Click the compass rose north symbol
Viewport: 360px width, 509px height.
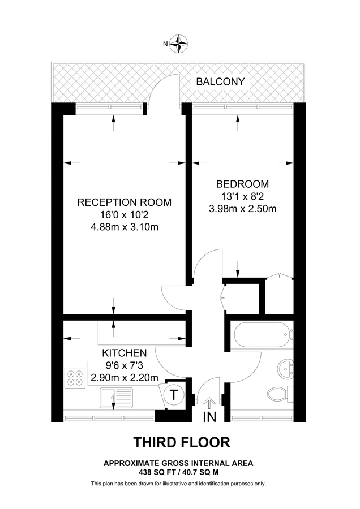click(x=180, y=43)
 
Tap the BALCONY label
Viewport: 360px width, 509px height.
click(x=220, y=81)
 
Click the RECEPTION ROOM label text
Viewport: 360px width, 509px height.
click(x=124, y=202)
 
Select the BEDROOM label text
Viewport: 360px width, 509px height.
click(x=242, y=184)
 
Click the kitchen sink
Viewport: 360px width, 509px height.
click(x=116, y=398)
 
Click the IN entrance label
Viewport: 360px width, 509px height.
click(x=209, y=417)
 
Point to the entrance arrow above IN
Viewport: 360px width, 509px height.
click(x=209, y=403)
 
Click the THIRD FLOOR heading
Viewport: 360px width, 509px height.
click(x=181, y=441)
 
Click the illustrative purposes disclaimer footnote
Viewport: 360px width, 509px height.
click(x=178, y=484)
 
